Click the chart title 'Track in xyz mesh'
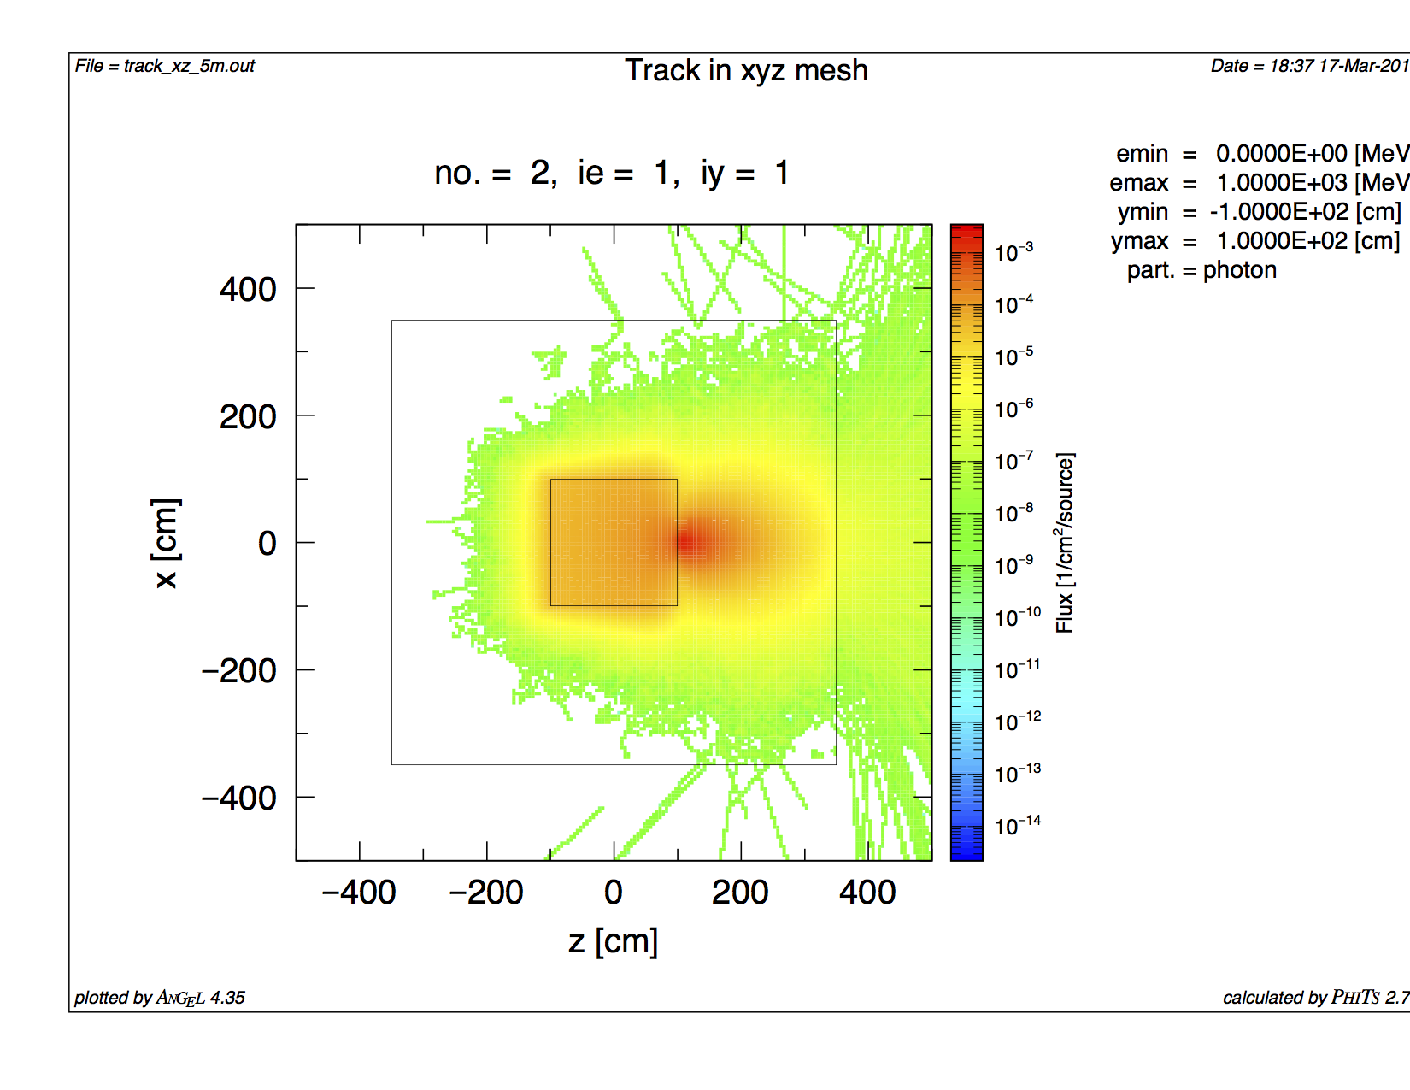[746, 70]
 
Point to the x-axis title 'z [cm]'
[613, 941]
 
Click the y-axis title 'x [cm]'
[166, 543]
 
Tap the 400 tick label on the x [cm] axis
[248, 290]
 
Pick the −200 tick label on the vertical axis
[239, 671]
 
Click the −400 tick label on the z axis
[358, 893]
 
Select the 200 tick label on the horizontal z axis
[740, 893]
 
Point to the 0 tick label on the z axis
[613, 893]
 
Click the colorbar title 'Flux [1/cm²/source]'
[1065, 543]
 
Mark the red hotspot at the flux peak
[689, 542]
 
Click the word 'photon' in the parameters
[1240, 270]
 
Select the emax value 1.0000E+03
[1282, 183]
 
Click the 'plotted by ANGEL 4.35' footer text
[160, 998]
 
